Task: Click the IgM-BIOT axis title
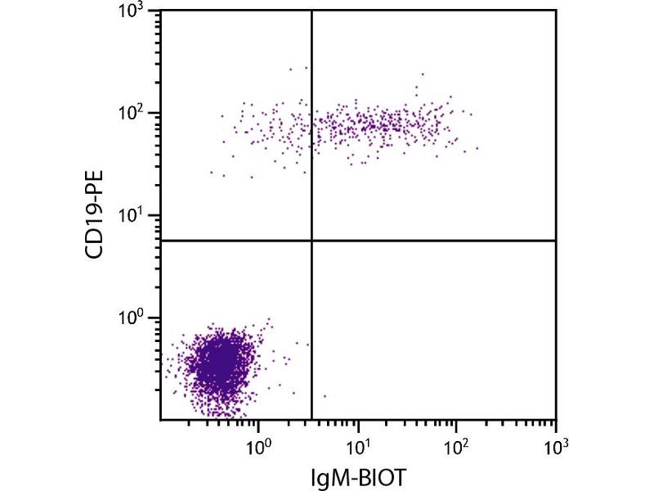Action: (x=357, y=475)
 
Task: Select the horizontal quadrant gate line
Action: (x=433, y=241)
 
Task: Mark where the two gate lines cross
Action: (x=312, y=241)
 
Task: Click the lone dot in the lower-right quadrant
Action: (x=325, y=396)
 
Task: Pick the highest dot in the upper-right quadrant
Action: (x=423, y=74)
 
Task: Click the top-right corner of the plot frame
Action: (x=556, y=11)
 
